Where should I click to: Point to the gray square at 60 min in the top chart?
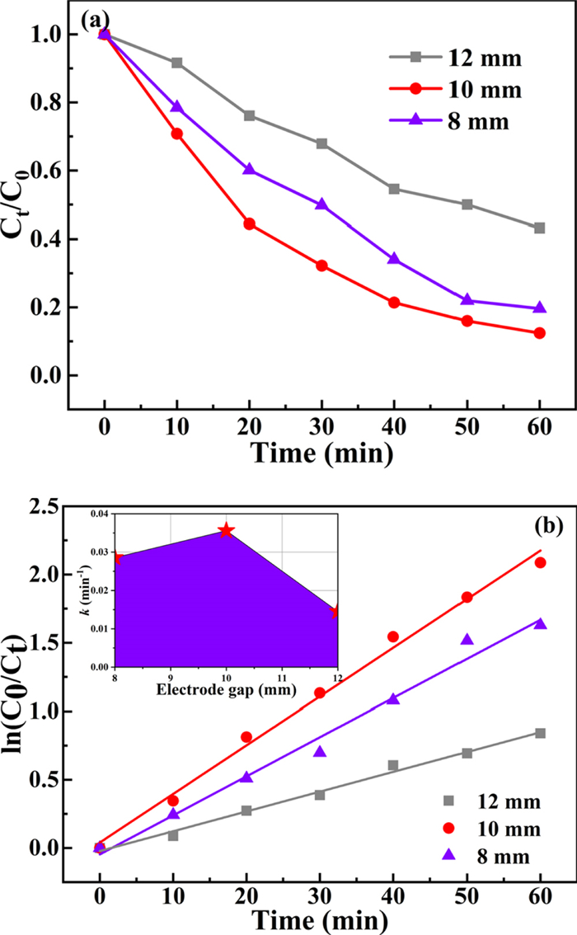tap(540, 228)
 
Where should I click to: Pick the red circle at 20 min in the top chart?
tap(249, 223)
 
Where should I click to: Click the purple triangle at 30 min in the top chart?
tap(321, 204)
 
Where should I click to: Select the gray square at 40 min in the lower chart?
tap(393, 765)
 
